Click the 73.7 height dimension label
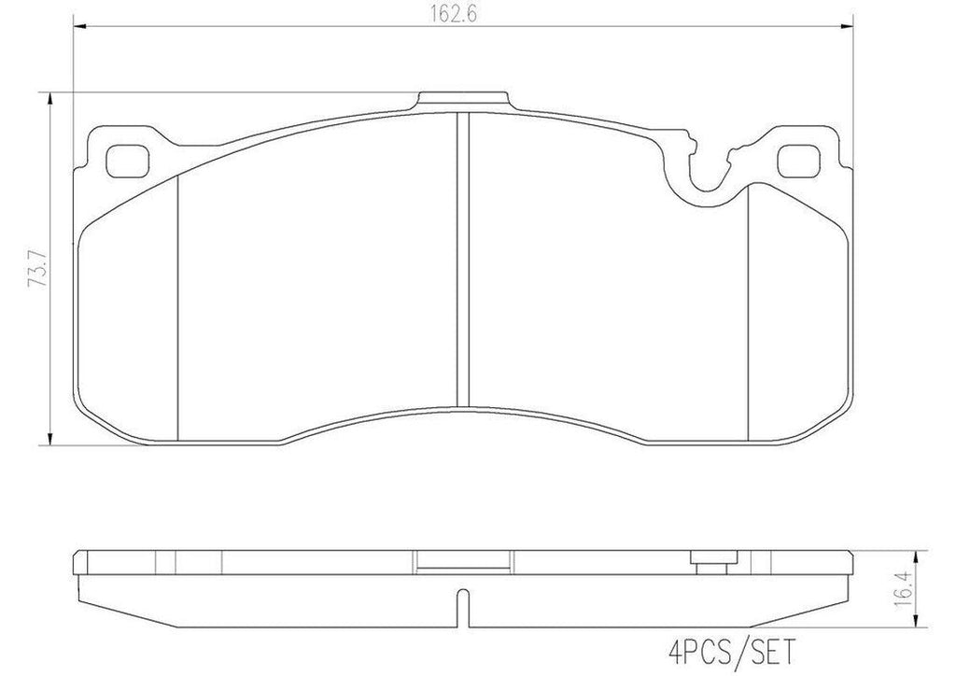click(x=35, y=269)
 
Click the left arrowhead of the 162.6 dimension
click(x=79, y=29)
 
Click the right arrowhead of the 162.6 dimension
click(x=849, y=29)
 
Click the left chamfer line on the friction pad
click(x=177, y=308)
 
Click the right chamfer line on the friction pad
click(x=750, y=308)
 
